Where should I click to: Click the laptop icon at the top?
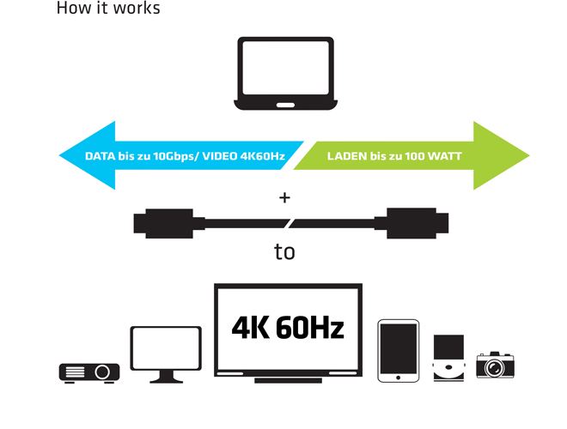[x=285, y=73]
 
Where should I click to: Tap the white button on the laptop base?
[x=285, y=105]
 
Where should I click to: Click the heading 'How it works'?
[x=108, y=8]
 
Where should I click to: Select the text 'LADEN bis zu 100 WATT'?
[x=394, y=156]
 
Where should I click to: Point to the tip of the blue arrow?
[x=59, y=155]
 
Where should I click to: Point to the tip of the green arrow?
[x=530, y=155]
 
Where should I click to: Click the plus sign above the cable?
[x=284, y=197]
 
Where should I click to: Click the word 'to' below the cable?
[x=284, y=251]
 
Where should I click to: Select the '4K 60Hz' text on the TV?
[x=288, y=328]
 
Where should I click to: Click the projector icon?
[x=89, y=373]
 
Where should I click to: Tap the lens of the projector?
[x=102, y=372]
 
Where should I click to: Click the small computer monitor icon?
[x=166, y=353]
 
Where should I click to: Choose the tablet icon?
[x=398, y=351]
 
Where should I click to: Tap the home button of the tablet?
[x=398, y=378]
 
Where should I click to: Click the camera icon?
[x=495, y=365]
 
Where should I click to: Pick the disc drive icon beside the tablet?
[x=448, y=358]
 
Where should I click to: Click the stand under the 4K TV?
[x=288, y=381]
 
